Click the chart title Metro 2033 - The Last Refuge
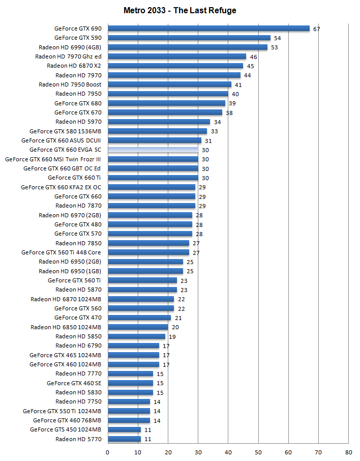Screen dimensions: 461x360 (x=180, y=10)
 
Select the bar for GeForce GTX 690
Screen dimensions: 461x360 (x=208, y=28)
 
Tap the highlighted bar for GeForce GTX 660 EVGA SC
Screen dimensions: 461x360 (x=153, y=150)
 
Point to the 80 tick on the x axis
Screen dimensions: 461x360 (x=348, y=451)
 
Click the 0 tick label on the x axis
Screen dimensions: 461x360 (x=108, y=451)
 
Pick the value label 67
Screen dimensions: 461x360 (x=316, y=29)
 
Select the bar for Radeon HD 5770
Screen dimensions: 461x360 (x=124, y=439)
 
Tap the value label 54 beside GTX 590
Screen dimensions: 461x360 (x=277, y=38)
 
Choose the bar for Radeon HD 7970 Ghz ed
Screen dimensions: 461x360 (x=177, y=56)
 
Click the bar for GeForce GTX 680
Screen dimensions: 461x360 (x=166, y=103)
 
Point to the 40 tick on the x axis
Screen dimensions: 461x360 (x=228, y=451)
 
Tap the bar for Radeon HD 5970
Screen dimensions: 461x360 (x=159, y=122)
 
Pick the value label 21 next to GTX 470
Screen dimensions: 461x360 (x=178, y=318)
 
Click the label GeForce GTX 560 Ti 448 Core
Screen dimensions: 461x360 (x=61, y=252)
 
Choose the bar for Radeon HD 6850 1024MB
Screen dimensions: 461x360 (x=138, y=327)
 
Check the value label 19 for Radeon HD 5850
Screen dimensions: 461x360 (x=172, y=337)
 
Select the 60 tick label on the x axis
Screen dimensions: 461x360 (x=288, y=451)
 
